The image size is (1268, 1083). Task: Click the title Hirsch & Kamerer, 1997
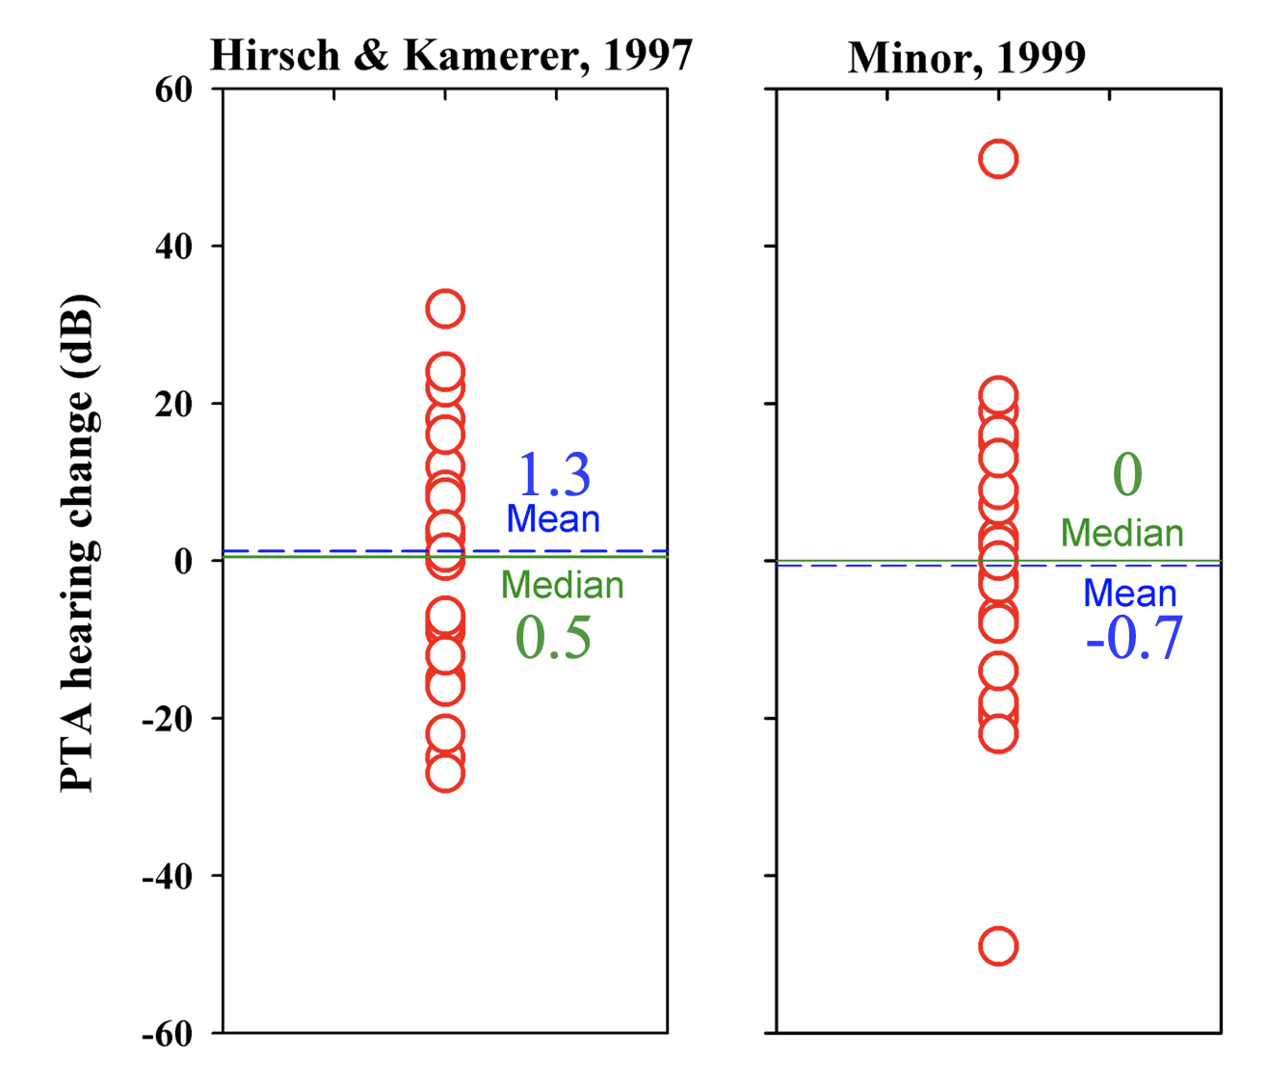pos(451,56)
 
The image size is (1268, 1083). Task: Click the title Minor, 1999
pos(966,58)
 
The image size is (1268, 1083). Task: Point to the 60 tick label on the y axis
pos(174,90)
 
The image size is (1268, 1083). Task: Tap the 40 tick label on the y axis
pos(174,247)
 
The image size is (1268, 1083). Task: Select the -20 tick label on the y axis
pos(168,719)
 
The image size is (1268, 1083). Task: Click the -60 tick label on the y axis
pos(168,1034)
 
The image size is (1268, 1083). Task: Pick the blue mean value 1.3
pos(554,474)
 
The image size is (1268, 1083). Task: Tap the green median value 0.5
pos(553,638)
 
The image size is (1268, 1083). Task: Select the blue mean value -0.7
pos(1134,638)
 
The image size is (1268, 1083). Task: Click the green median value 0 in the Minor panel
pos(1127,474)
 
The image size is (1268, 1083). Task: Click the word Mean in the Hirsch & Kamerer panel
pos(553,519)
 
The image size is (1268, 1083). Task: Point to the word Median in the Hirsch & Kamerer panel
pos(563,586)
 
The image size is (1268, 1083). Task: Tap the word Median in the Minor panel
pos(1122,534)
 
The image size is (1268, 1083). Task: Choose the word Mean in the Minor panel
pos(1129,594)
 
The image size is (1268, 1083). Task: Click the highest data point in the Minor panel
pos(998,159)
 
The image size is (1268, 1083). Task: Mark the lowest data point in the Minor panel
pos(998,946)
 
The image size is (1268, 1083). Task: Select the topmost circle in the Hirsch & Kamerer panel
pos(445,308)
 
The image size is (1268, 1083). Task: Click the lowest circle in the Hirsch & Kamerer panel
pos(445,773)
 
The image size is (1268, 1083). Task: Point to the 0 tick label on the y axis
pos(183,562)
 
